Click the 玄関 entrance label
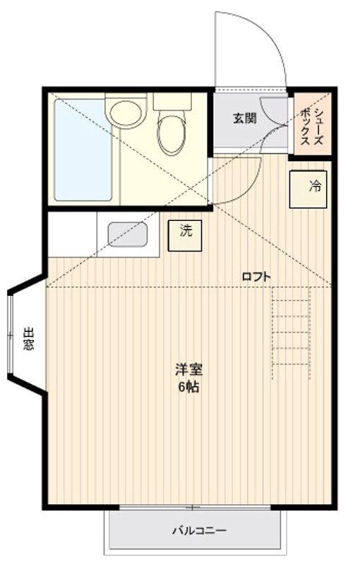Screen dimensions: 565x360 click(245, 117)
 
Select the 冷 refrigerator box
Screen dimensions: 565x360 click(308, 189)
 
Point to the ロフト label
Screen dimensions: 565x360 click(256, 277)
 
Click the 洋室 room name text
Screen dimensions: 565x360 click(188, 369)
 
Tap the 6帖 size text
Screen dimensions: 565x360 click(188, 387)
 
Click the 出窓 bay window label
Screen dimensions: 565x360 click(28, 339)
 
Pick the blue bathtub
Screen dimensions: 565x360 click(83, 150)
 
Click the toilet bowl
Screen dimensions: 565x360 click(171, 134)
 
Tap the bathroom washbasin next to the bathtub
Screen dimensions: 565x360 click(126, 112)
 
